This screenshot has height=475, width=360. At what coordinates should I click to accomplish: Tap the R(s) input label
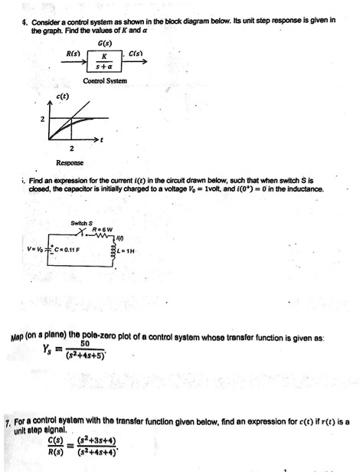74,53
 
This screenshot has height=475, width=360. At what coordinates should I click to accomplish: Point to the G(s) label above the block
102,42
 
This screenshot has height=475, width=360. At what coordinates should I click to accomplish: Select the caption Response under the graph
70,163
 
